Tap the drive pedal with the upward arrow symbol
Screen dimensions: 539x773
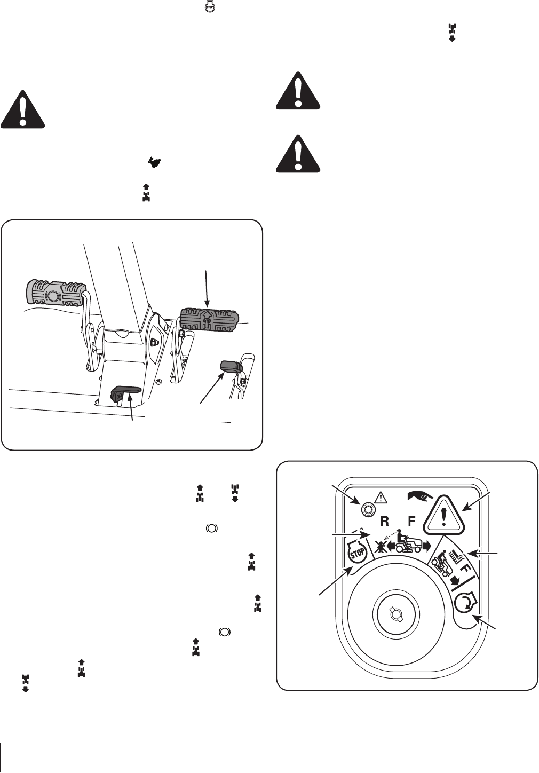click(x=209, y=320)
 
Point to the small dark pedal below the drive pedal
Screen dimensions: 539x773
click(x=231, y=366)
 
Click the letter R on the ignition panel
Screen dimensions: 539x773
click(x=384, y=521)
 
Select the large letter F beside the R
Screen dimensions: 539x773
click(x=411, y=521)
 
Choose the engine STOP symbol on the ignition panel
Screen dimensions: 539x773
click(x=356, y=554)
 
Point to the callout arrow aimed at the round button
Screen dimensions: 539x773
click(x=346, y=494)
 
